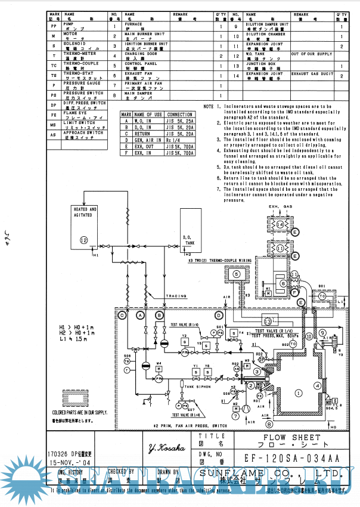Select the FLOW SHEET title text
(x=285, y=438)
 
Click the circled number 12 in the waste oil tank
(x=84, y=239)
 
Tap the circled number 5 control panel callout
(x=237, y=274)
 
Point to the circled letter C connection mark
(x=122, y=314)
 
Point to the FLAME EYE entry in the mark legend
(x=75, y=112)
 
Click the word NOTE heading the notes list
(x=208, y=107)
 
